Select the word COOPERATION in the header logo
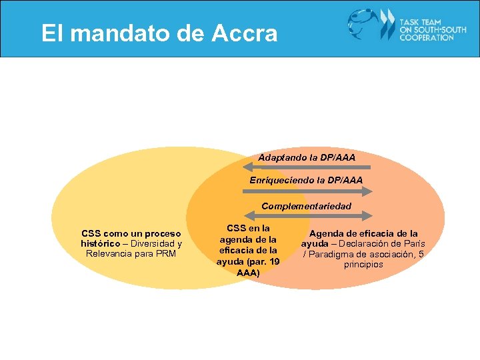[427, 38]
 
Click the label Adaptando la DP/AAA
[307, 157]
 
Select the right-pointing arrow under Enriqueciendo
[307, 191]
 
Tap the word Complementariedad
[306, 206]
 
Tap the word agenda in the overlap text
[237, 239]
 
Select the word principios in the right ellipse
[363, 265]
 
